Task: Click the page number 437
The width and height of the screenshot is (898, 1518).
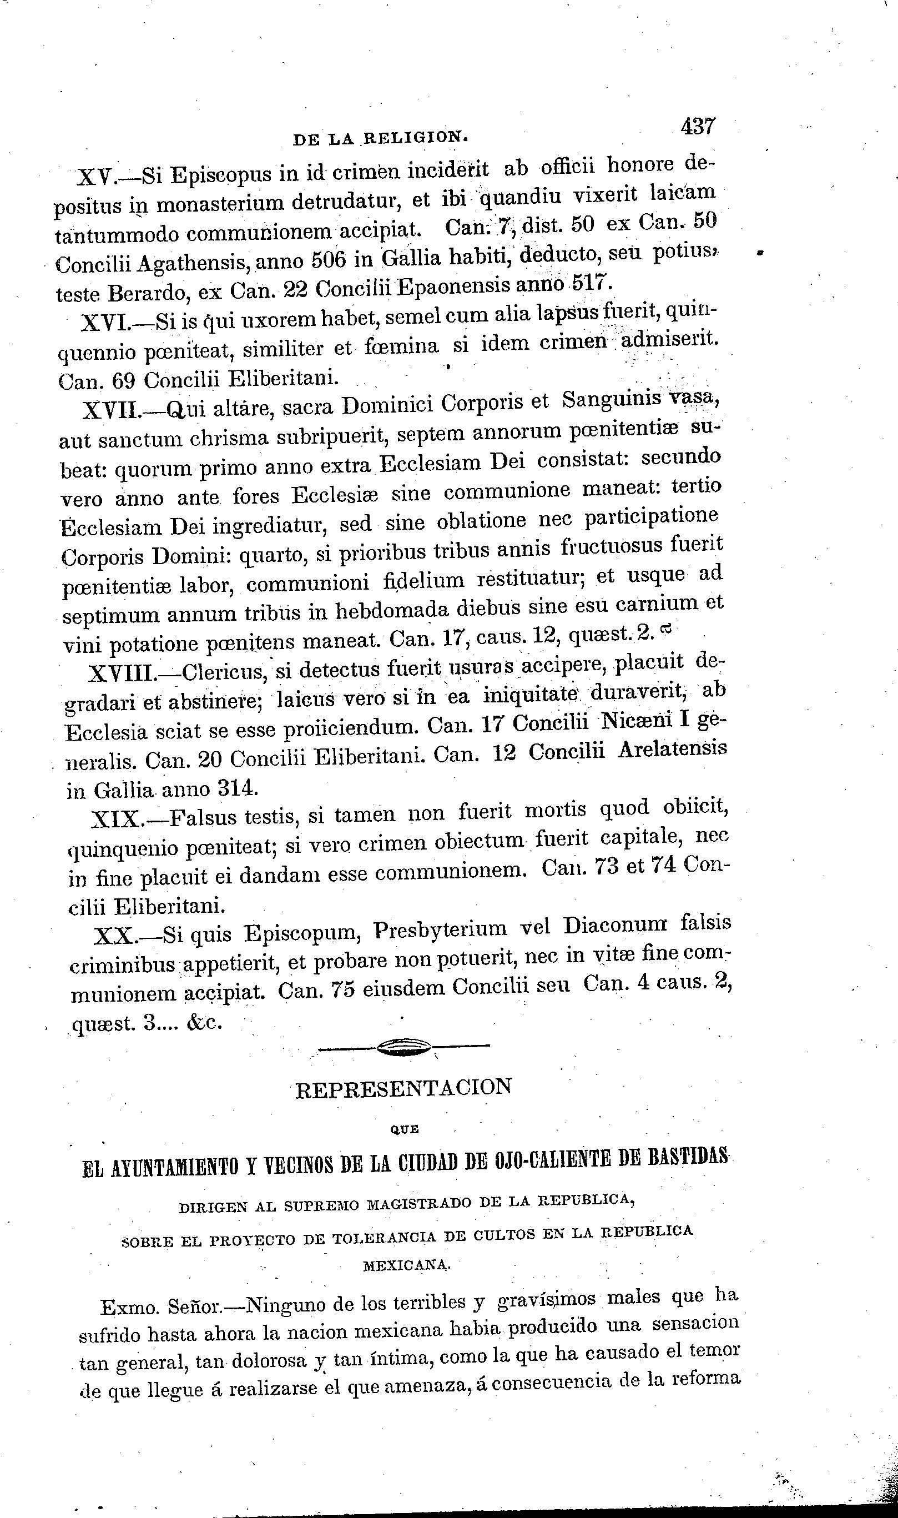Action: point(698,127)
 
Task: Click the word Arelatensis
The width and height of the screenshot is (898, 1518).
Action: point(672,750)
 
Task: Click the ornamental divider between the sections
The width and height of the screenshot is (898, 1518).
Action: point(403,1047)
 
